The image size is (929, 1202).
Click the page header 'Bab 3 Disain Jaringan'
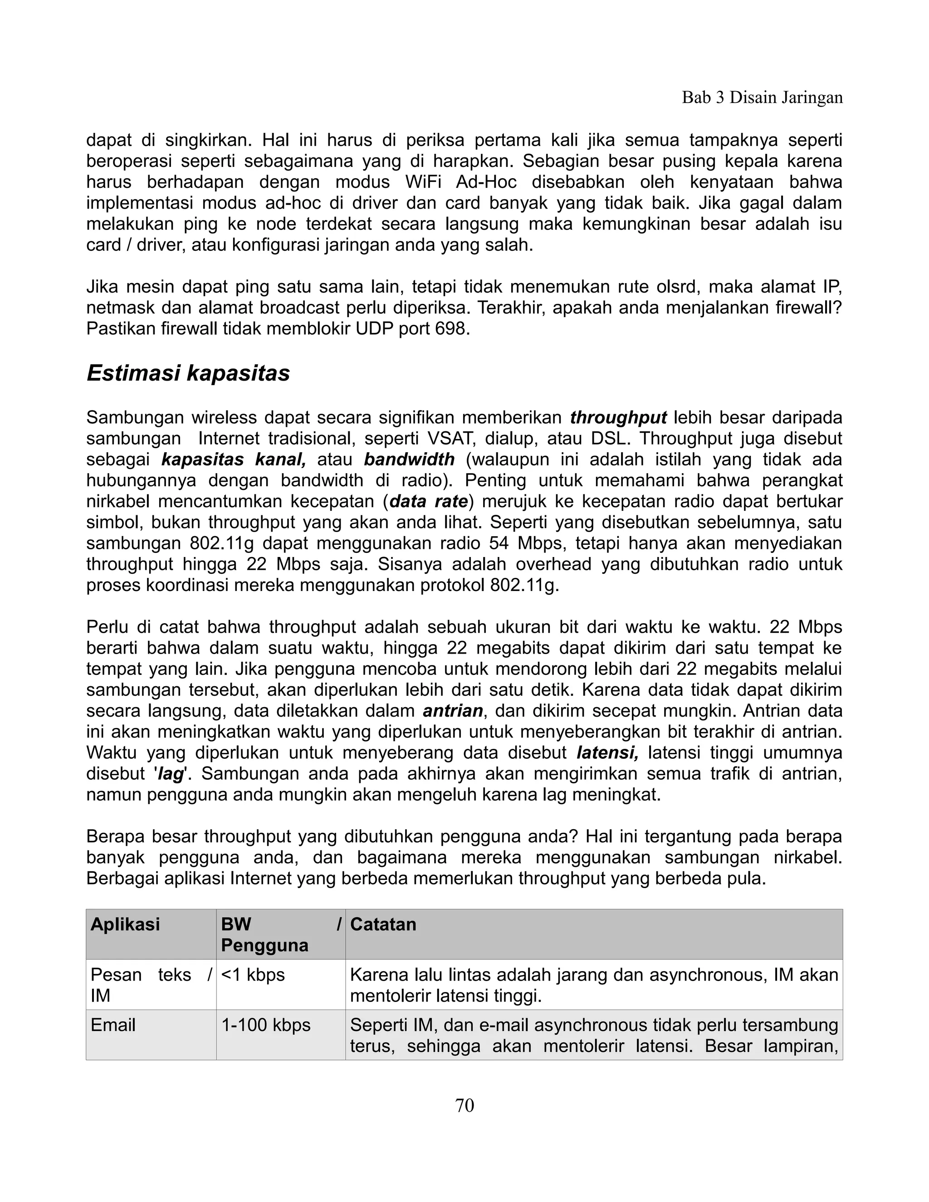pos(762,98)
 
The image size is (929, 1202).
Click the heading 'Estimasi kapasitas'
pos(188,373)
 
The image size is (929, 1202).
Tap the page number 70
pos(464,1105)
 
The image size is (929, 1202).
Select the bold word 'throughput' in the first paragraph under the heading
pos(618,418)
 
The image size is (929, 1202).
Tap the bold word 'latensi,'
pos(607,752)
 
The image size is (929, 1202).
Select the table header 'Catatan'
pos(383,924)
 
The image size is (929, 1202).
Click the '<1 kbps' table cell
pos(253,975)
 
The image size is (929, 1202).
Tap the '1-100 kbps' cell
pos(266,1025)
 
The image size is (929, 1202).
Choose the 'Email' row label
pos(113,1025)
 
